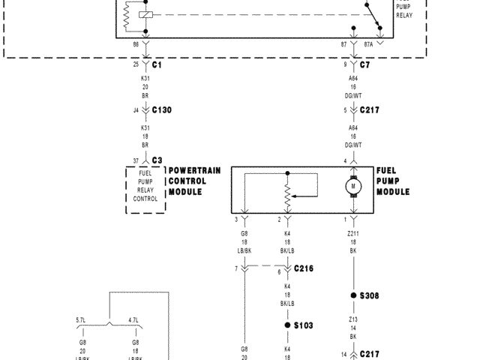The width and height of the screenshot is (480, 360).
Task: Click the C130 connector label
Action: pos(162,110)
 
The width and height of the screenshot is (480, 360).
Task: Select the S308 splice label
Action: pos(369,295)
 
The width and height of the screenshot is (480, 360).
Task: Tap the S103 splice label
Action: pos(304,325)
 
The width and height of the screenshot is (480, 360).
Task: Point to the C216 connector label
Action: pos(304,268)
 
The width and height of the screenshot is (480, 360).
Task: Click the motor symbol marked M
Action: pos(352,185)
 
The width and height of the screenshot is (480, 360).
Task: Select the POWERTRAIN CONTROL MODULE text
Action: pos(194,181)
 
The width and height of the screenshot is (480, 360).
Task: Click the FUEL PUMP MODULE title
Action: pos(392,181)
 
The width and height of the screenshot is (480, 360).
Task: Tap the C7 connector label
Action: pos(364,65)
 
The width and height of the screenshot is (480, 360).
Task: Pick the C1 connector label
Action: pos(157,65)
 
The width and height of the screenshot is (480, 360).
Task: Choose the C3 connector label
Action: pos(157,160)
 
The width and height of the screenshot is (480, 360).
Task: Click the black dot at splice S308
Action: pos(352,295)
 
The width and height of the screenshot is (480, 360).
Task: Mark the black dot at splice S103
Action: pos(287,325)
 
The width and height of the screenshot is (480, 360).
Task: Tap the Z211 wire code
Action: pos(352,234)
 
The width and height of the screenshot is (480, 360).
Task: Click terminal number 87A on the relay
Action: pos(367,45)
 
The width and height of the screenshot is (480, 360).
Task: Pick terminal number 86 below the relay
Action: pos(136,45)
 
